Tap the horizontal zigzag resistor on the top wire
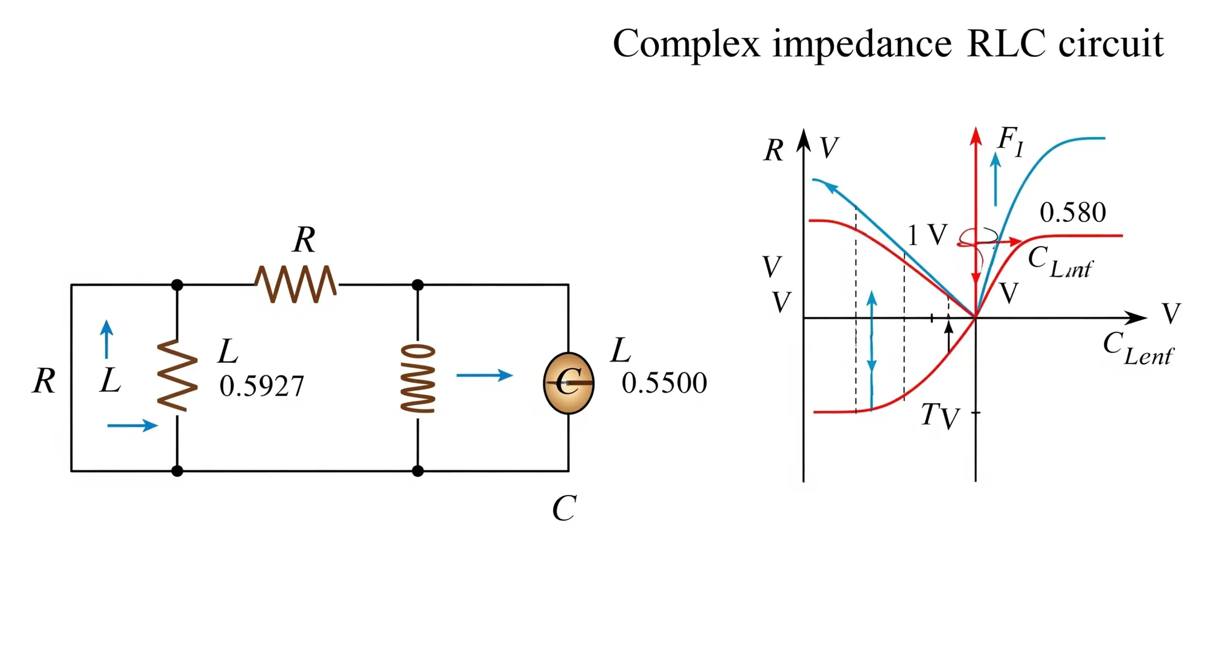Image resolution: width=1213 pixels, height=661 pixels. point(296,284)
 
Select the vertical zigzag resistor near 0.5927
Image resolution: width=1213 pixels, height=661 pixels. point(177,375)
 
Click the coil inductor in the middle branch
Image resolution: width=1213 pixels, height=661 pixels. point(417,378)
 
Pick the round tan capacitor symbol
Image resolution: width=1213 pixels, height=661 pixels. point(568,383)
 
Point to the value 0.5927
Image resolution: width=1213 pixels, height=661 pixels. point(261,386)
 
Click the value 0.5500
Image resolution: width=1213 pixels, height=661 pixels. point(664,383)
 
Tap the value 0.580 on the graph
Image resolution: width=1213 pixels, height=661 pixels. point(1072,213)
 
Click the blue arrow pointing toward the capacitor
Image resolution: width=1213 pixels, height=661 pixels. point(484,375)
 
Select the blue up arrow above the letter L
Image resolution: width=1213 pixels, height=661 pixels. point(107,339)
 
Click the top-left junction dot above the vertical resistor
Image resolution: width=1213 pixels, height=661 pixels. point(177,285)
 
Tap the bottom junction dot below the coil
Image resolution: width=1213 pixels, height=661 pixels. point(417,471)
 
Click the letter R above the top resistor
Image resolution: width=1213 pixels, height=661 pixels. point(304,240)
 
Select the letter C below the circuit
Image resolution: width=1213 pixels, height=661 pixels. point(564,508)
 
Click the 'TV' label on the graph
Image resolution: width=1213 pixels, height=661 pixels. point(940,416)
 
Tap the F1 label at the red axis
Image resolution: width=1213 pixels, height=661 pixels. point(1010,141)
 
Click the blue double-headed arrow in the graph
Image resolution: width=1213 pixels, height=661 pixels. point(871,350)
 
